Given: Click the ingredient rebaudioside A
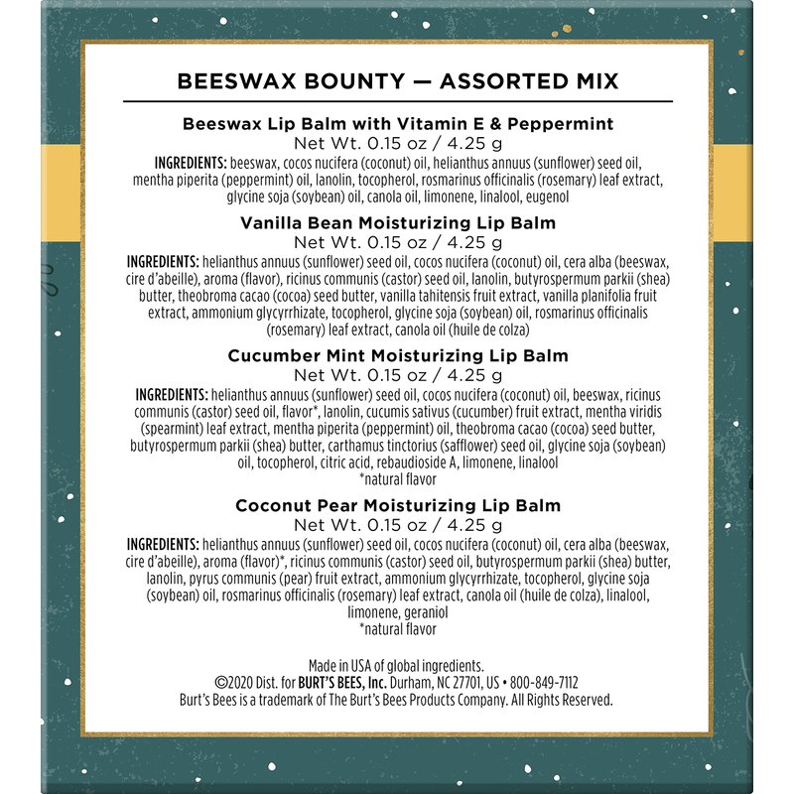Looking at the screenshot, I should pyautogui.click(x=436, y=463).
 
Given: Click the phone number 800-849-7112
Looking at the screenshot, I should pyautogui.click(x=544, y=683).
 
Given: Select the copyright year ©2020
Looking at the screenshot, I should pyautogui.click(x=236, y=683).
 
